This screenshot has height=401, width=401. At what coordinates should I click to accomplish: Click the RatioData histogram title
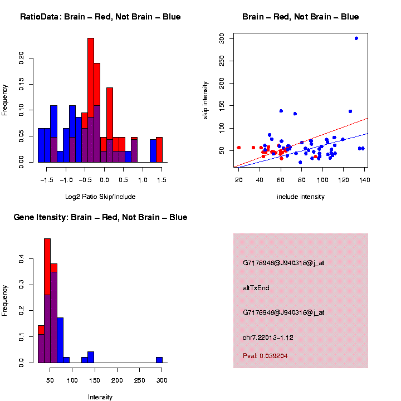[x=100, y=17]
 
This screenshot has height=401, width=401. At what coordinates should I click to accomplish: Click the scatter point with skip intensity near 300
[x=356, y=38]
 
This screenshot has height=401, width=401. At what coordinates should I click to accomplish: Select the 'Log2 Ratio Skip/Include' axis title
[x=100, y=197]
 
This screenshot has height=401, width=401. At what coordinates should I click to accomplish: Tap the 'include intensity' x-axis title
[x=301, y=197]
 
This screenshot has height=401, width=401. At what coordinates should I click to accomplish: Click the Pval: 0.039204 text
[x=265, y=356]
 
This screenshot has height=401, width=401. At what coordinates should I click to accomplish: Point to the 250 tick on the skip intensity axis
[x=222, y=61]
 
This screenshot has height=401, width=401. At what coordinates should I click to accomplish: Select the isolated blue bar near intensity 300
[x=159, y=360]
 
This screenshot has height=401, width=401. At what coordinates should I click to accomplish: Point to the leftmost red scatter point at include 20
[x=239, y=148]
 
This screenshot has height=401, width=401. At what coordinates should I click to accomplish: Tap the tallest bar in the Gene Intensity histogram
[x=47, y=301]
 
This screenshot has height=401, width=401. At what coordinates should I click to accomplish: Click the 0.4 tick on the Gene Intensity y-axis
[x=22, y=260]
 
